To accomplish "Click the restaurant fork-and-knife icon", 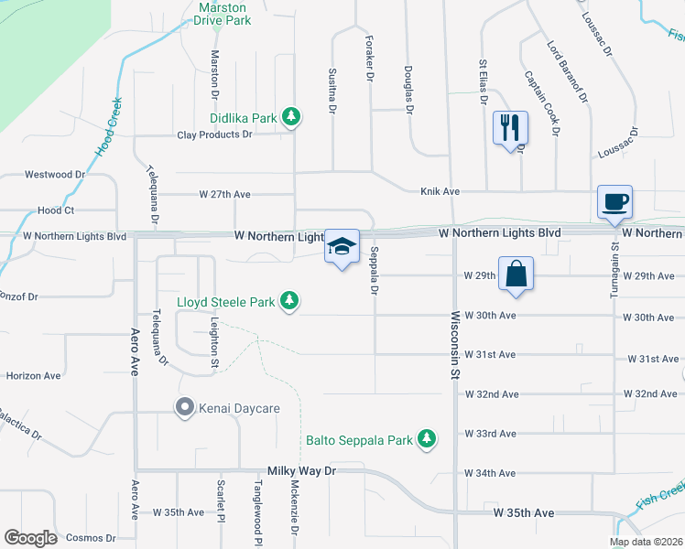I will [511, 126].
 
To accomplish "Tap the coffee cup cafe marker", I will [614, 200].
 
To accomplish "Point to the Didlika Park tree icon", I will [291, 116].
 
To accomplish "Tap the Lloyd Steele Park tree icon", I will [289, 300].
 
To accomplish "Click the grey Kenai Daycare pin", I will [184, 407].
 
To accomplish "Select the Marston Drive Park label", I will [223, 13].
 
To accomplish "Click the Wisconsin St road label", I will [454, 344].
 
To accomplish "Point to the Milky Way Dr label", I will [302, 470].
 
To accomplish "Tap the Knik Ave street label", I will [440, 191].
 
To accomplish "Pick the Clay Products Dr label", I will [214, 135].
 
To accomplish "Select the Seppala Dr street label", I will [375, 272].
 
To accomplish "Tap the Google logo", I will [30, 538].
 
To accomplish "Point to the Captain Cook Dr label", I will [540, 103].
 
